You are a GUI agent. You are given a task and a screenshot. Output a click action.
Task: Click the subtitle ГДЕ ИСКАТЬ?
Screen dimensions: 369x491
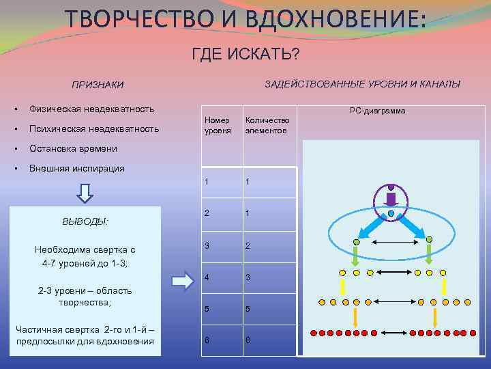pyautogui.click(x=245, y=53)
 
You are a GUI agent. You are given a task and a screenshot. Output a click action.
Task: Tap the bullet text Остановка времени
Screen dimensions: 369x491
pyautogui.click(x=73, y=148)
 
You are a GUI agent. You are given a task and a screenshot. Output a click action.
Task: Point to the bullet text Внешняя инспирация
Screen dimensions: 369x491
pyautogui.click(x=76, y=168)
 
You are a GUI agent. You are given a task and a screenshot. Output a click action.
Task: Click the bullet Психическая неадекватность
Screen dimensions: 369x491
pyautogui.click(x=93, y=128)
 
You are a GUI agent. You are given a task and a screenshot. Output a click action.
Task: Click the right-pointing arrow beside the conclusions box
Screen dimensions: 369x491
pyautogui.click(x=181, y=280)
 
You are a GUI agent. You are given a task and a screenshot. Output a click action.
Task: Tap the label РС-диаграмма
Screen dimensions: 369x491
pyautogui.click(x=377, y=111)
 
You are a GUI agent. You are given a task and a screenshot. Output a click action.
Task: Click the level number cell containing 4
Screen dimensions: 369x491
pyautogui.click(x=207, y=277)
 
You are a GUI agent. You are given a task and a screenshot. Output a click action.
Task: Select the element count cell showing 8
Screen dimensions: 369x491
pyautogui.click(x=248, y=340)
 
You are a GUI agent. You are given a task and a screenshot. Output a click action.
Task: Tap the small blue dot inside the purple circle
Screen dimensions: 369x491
pyautogui.click(x=391, y=213)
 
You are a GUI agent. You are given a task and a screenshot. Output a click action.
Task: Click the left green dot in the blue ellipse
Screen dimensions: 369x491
pyautogui.click(x=355, y=241)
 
